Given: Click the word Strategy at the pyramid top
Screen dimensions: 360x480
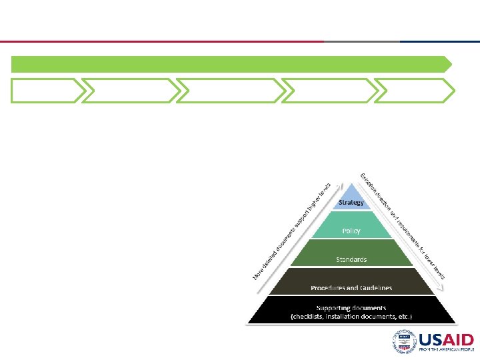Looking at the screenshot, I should click(351, 202).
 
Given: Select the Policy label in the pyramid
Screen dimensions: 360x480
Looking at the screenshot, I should click(351, 231).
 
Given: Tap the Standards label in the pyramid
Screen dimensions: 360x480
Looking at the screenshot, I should click(351, 259).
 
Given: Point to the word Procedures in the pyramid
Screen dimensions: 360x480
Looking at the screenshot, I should click(329, 288).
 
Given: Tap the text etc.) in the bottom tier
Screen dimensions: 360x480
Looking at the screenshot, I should click(405, 316).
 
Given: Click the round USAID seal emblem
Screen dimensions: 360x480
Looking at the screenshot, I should click(404, 342).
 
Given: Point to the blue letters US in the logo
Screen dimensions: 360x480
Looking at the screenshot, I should click(429, 340).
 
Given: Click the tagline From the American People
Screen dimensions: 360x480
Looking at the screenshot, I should click(446, 349).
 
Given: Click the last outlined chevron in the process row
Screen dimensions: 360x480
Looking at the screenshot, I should click(414, 91).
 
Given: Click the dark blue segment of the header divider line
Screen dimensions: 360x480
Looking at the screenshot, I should click(440, 41).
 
